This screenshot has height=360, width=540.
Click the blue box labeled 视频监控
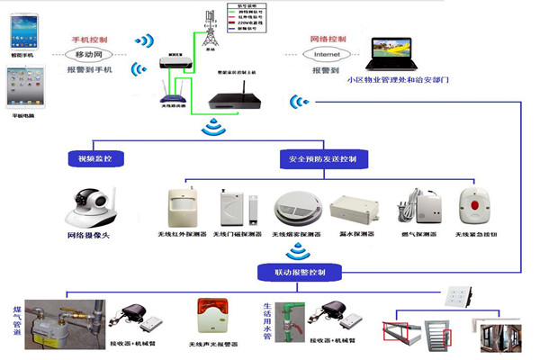tap(95, 159)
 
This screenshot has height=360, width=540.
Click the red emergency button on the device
tap(472, 205)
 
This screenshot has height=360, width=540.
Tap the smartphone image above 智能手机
tap(22, 31)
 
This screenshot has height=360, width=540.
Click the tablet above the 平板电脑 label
tap(22, 88)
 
